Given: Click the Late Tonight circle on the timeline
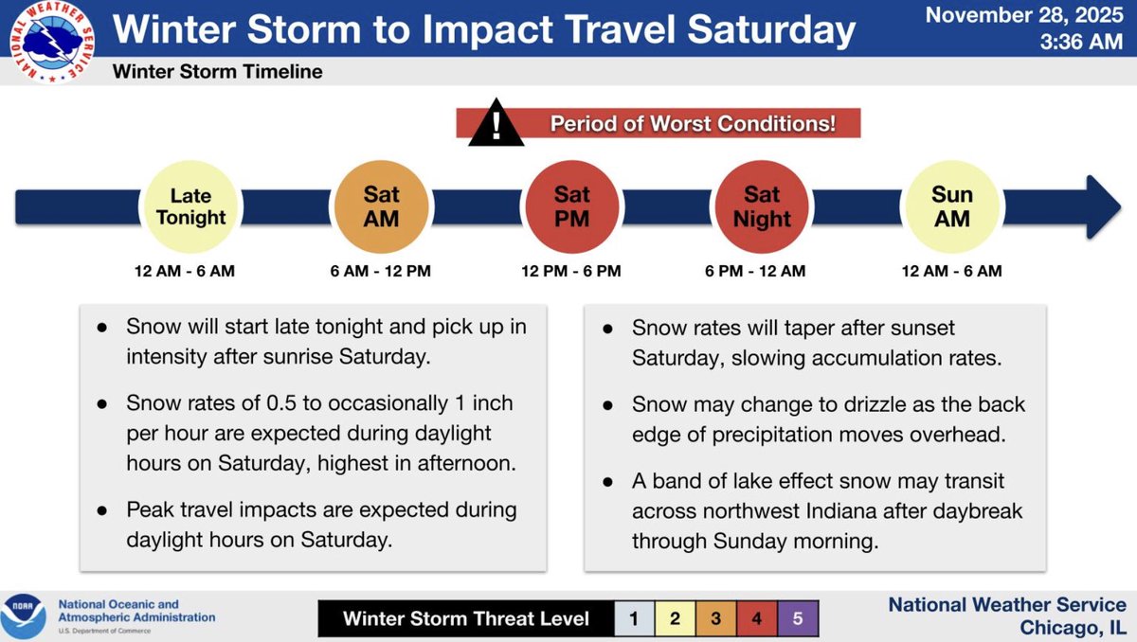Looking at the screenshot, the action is click(190, 207).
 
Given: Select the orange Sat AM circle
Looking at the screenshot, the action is click(381, 207).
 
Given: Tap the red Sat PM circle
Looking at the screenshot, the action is click(572, 207).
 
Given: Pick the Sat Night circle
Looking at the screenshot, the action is click(762, 207).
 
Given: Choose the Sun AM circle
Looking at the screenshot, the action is click(952, 207).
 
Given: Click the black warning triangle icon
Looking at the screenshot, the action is click(496, 124).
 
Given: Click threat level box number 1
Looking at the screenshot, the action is click(634, 618).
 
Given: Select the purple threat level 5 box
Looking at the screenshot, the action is click(798, 618).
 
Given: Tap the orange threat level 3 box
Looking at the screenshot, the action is click(715, 618).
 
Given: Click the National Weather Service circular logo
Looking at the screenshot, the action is click(52, 42).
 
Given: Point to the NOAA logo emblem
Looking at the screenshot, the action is click(23, 616).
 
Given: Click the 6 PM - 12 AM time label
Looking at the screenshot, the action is click(755, 272).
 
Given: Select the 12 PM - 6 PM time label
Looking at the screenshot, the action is click(571, 272).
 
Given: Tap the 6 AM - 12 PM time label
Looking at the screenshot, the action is click(380, 272).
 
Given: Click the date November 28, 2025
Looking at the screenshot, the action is click(1024, 15).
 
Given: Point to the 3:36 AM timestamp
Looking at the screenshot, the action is click(1081, 42).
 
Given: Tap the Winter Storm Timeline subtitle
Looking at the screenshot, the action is click(217, 72).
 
